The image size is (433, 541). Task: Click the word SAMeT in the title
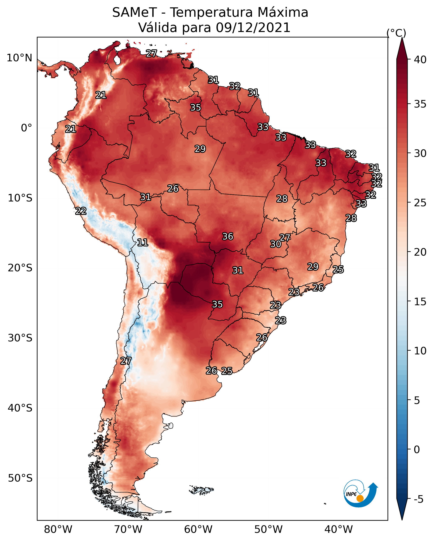[134, 12]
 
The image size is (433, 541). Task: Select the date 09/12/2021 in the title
[253, 27]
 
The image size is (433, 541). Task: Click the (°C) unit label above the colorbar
[396, 33]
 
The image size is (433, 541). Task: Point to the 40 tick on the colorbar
[420, 60]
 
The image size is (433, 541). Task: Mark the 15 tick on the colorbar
[420, 302]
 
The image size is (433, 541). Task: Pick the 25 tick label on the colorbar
[420, 203]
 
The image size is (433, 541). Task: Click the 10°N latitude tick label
[19, 58]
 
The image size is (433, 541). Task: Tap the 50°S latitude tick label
[20, 478]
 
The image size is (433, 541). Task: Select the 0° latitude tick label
[27, 128]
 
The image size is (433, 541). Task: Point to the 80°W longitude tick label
[58, 529]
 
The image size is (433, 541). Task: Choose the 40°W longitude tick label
[339, 529]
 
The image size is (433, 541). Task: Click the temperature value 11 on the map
[142, 242]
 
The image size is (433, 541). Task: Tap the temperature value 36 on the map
[228, 236]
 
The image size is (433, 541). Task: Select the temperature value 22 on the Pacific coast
[81, 211]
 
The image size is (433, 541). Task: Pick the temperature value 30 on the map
[276, 244]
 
